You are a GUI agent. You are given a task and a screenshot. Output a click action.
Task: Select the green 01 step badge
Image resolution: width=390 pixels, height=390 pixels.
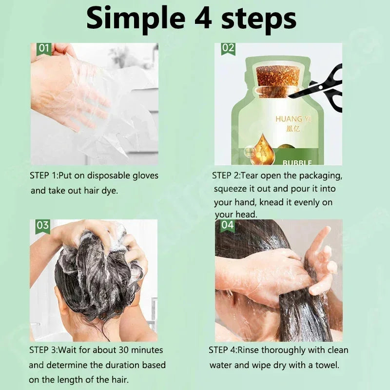coord(44,48)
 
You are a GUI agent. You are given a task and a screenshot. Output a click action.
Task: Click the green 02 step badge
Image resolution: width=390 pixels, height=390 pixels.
coord(228,48)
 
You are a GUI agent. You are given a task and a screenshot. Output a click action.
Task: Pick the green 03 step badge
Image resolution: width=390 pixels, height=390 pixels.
coord(43,225)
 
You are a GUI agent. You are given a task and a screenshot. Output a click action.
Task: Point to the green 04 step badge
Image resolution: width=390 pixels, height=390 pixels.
coord(228,225)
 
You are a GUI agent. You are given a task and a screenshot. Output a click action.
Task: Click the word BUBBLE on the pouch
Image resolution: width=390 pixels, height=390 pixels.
coord(297,162)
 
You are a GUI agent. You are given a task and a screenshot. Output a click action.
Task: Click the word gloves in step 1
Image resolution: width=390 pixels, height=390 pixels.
coord(144,175)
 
